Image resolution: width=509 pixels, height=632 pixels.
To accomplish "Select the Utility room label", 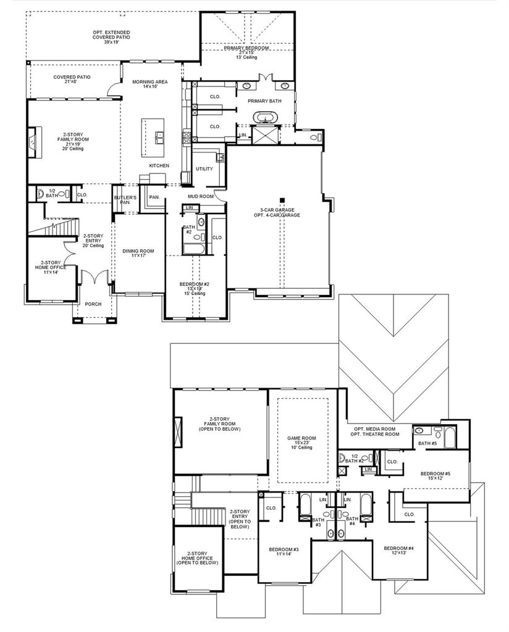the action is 204,169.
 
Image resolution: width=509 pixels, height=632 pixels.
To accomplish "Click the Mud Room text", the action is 201,196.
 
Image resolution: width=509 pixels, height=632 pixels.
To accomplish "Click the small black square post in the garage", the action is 283,199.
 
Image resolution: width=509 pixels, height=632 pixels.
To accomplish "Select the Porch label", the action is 93,304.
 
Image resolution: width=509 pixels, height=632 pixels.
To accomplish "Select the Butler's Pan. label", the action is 125,199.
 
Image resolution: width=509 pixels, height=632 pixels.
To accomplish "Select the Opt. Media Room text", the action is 375,429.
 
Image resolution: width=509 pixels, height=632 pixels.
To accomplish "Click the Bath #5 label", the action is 427,443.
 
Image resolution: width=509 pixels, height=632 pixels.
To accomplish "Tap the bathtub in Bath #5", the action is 450,438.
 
